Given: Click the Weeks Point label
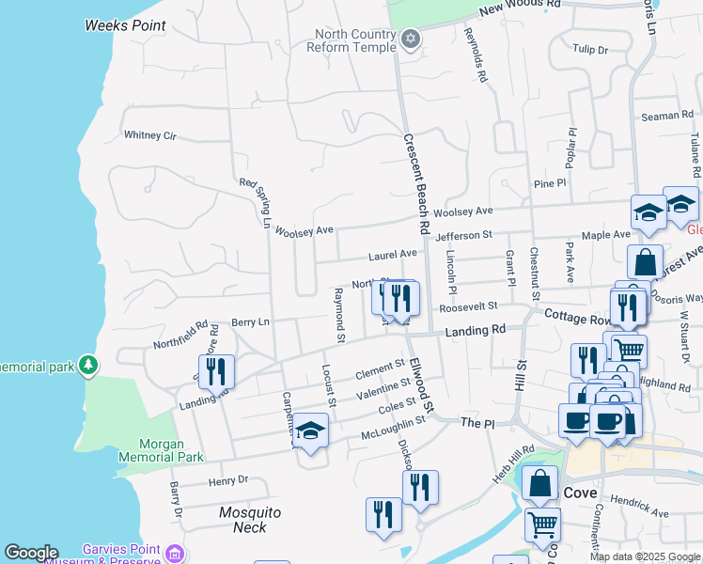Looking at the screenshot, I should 125,25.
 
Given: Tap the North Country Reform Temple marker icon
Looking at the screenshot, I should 410,39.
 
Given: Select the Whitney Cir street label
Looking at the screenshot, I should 150,135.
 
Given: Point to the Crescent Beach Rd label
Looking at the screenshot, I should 416,183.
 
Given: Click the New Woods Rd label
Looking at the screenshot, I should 519,6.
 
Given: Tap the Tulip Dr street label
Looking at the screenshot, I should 590,49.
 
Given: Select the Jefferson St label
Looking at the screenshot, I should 463,235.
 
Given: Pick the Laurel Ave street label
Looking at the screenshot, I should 392,255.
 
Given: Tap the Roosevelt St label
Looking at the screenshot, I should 466,306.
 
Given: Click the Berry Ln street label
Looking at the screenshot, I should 250,322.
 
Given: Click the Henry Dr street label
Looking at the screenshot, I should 228,480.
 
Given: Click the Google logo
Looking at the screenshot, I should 32,553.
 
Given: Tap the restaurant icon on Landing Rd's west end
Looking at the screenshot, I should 216,372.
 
